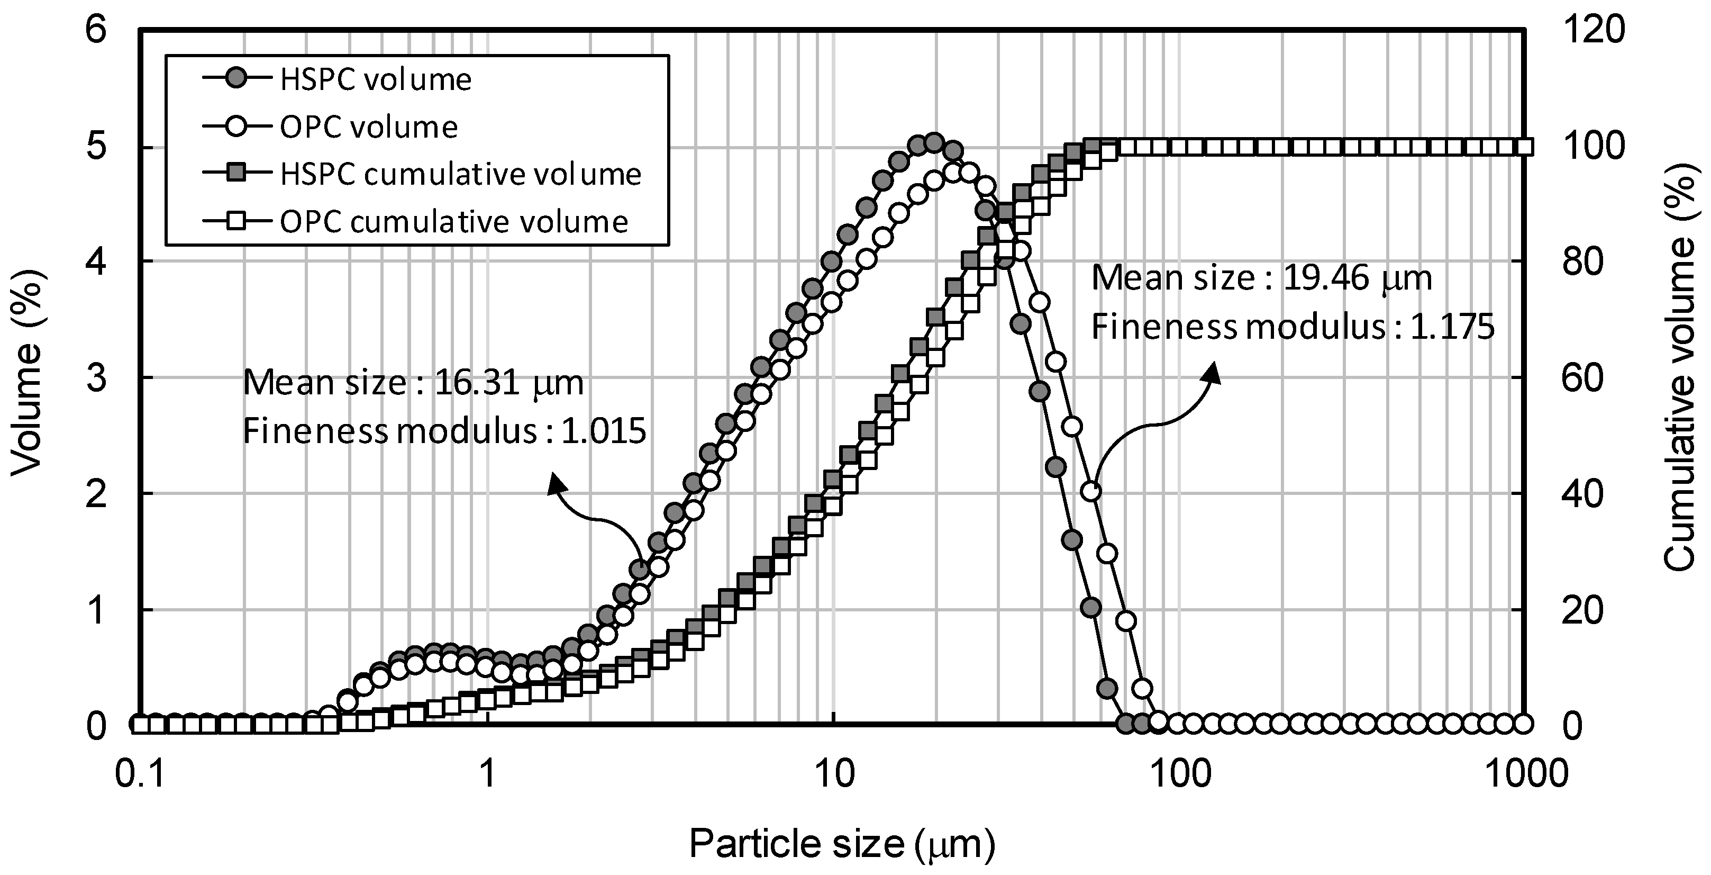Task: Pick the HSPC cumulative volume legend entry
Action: point(460,174)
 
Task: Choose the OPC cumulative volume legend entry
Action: point(453,221)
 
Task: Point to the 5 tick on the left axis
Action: point(97,147)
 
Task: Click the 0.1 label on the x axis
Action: point(140,774)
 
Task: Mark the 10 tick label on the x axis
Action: point(834,774)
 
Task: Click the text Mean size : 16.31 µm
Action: point(413,383)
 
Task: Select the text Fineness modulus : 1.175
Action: point(1293,328)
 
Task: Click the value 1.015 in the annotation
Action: point(603,432)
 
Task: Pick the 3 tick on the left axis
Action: point(97,378)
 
